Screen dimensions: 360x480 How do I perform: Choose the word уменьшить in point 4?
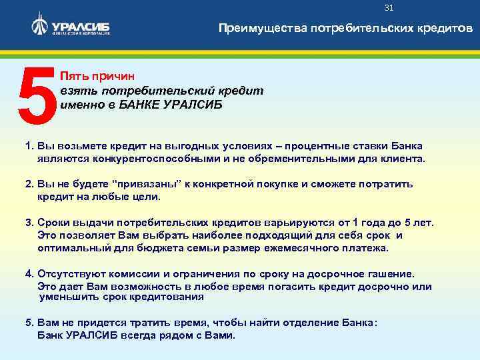click(67, 297)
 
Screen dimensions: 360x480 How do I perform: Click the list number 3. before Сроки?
click(29, 223)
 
